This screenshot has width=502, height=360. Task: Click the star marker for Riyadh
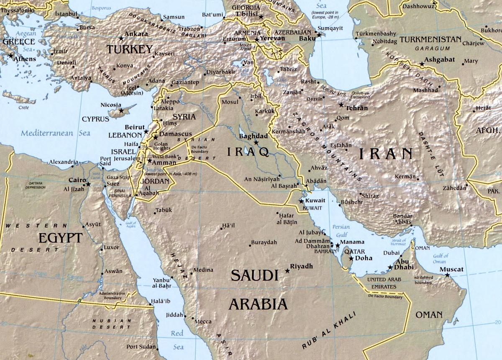click(x=287, y=271)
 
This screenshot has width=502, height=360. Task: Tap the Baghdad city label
click(x=253, y=136)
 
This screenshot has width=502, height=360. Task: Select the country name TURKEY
click(x=129, y=50)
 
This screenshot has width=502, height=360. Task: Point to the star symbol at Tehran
click(x=341, y=105)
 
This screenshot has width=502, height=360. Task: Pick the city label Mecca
click(x=203, y=321)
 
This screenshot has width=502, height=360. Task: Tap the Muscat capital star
click(x=447, y=275)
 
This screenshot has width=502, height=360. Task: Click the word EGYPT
click(x=60, y=238)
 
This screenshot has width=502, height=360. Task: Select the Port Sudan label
click(x=141, y=347)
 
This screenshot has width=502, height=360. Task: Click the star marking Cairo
click(x=88, y=184)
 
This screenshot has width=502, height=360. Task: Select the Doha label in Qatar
click(x=364, y=258)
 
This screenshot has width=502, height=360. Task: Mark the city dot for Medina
click(x=192, y=274)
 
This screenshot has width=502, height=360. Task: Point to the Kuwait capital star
click(x=301, y=201)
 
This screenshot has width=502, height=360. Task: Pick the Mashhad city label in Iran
click(x=425, y=90)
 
